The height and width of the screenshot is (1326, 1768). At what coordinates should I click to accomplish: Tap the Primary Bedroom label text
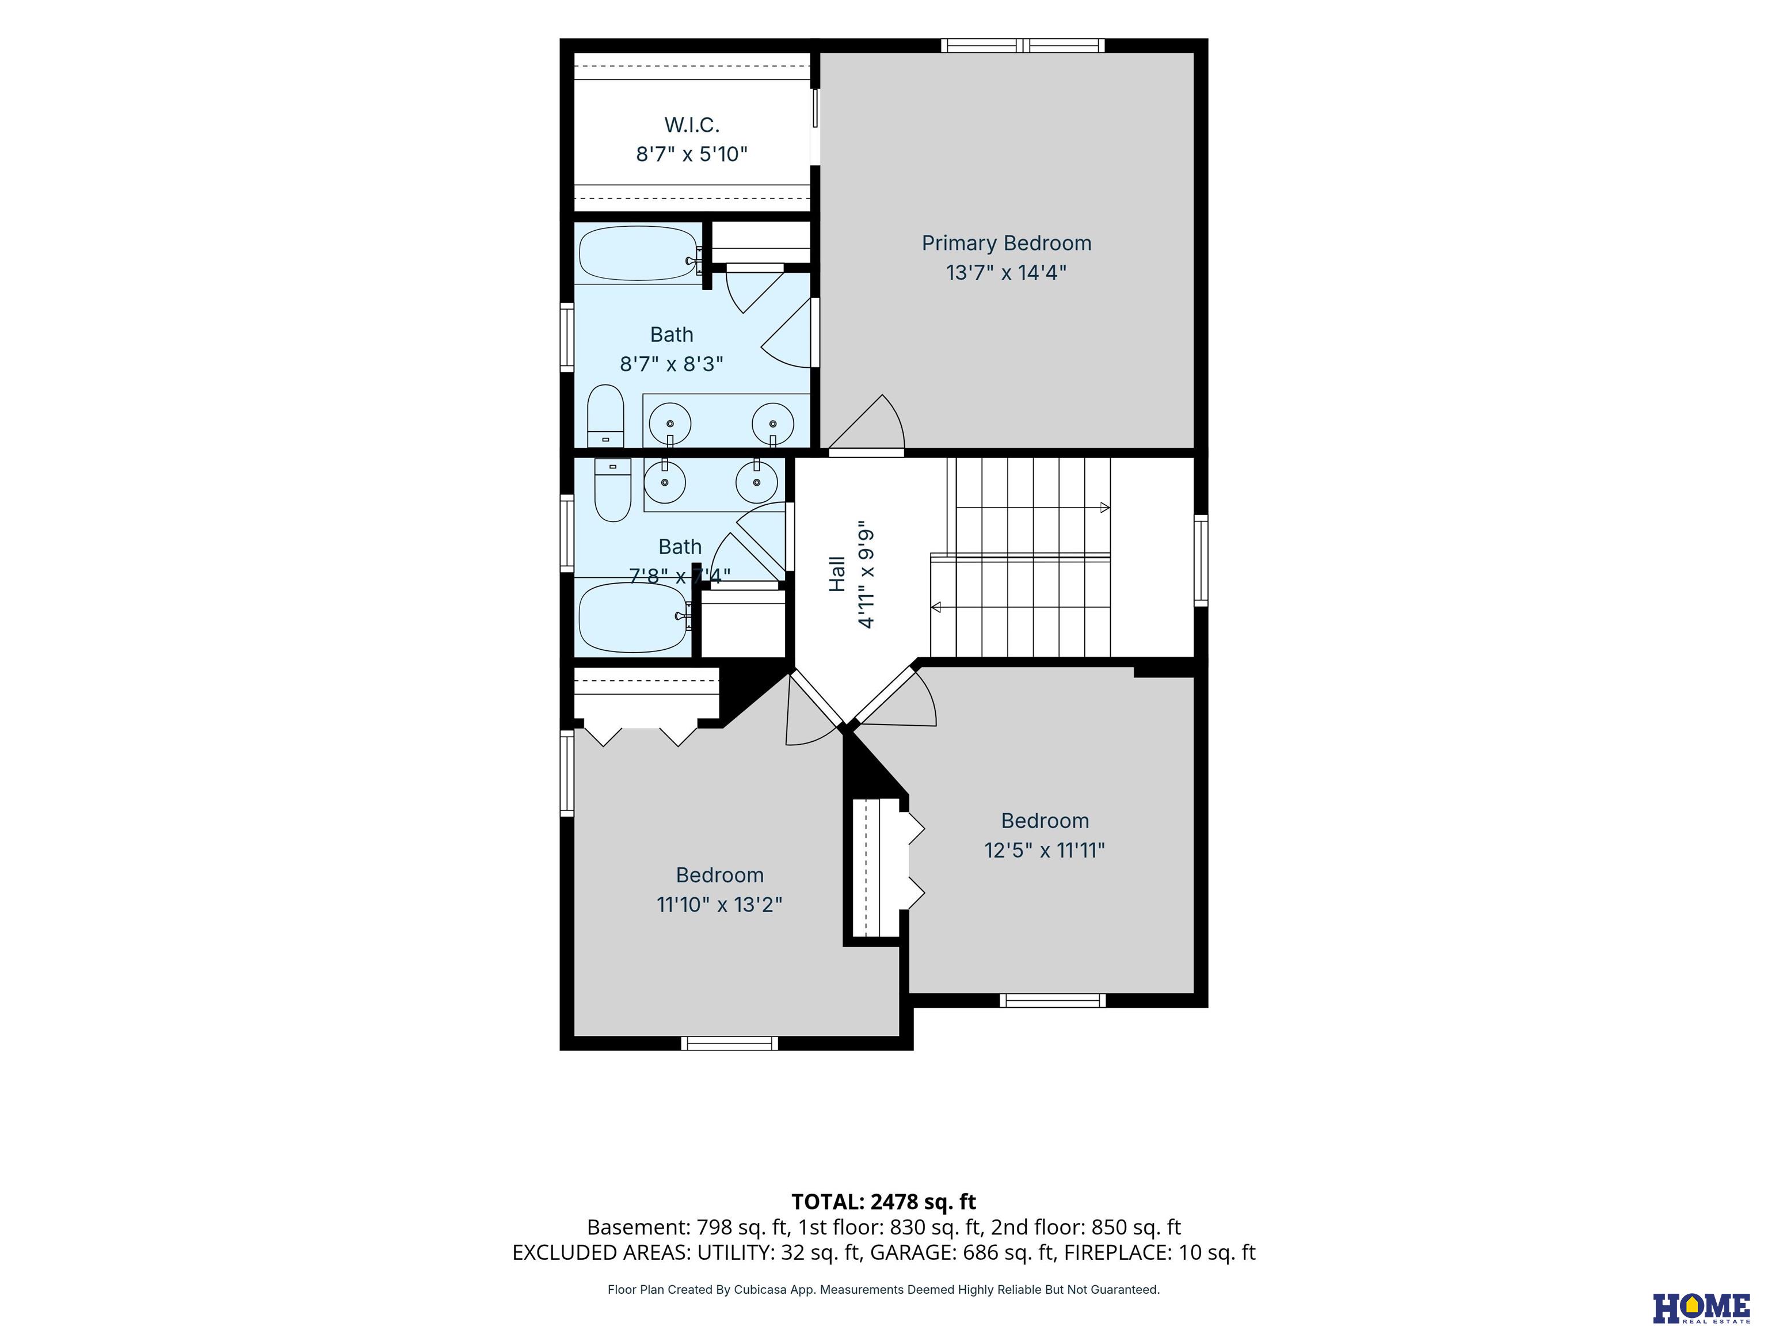[1006, 243]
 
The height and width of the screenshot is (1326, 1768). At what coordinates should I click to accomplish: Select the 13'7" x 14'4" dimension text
[1006, 273]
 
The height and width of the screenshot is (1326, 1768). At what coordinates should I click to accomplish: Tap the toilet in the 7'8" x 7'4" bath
[612, 489]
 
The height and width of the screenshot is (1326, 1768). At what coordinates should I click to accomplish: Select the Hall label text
[837, 574]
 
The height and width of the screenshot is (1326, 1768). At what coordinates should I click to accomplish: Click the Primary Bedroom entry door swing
[866, 424]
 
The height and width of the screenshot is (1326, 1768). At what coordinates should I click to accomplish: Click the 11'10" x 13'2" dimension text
[719, 905]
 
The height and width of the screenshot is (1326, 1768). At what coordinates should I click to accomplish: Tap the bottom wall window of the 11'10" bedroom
[730, 1043]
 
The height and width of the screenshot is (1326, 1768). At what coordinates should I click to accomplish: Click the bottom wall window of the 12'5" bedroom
[1053, 1000]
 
